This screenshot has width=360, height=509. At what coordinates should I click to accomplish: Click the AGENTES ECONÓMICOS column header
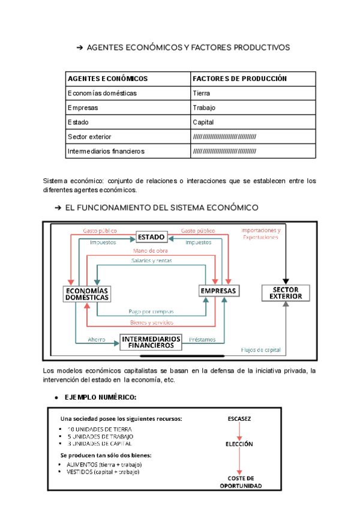[x=107, y=79]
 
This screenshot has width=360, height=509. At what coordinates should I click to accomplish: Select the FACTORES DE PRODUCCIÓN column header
[x=240, y=79]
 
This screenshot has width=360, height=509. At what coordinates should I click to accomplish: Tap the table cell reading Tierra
[x=202, y=93]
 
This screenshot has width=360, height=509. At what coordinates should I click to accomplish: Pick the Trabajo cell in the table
[x=204, y=107]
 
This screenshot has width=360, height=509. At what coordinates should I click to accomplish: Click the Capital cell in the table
[x=203, y=122]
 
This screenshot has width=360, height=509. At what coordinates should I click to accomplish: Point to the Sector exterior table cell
[x=89, y=136]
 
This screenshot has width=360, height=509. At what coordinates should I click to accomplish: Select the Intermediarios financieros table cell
[x=106, y=151]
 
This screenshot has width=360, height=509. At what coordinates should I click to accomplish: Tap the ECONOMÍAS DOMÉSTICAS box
[x=87, y=294]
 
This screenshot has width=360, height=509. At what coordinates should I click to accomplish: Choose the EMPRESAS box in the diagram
[x=219, y=291]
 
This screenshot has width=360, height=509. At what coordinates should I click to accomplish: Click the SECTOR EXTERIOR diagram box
[x=286, y=293]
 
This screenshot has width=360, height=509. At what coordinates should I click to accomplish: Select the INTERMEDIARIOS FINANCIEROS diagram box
[x=151, y=342]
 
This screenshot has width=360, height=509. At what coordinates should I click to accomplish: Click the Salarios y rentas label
[x=151, y=261]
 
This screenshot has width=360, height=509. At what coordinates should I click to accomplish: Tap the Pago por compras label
[x=151, y=312]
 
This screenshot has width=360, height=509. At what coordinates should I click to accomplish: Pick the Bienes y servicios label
[x=151, y=322]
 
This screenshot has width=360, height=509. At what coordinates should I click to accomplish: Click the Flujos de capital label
[x=260, y=349]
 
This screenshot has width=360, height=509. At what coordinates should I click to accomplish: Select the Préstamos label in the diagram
[x=202, y=339]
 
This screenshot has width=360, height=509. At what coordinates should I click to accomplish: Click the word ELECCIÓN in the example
[x=239, y=444]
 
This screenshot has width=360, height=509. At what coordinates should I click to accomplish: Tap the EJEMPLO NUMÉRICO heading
[x=100, y=397]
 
